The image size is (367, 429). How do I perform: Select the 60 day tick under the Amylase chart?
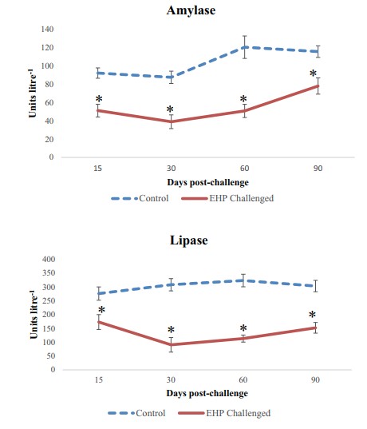(x=244, y=169)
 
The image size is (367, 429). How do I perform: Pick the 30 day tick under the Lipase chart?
(x=171, y=381)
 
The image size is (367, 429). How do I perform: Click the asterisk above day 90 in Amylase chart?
(x=313, y=75)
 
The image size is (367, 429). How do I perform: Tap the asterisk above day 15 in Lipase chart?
(x=101, y=311)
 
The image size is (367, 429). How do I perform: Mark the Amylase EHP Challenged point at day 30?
(x=171, y=121)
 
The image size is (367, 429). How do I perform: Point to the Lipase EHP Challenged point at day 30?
(x=171, y=345)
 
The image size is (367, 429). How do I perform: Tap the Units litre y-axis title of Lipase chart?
(x=33, y=315)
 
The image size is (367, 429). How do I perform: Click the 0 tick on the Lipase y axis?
(x=52, y=370)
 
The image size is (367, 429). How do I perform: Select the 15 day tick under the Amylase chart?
(x=98, y=169)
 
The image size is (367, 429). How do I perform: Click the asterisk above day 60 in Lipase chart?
(x=243, y=328)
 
